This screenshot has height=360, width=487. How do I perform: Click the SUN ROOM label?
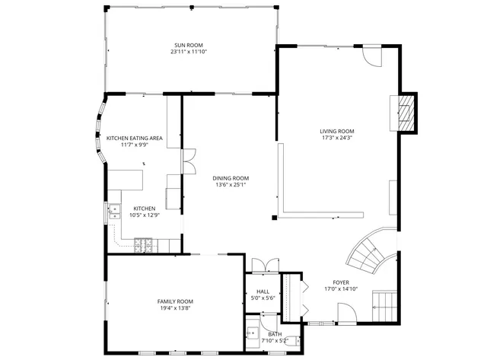pos(189,46)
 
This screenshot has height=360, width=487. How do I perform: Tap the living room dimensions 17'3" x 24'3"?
pos(336,139)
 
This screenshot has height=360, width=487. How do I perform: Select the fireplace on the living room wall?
pos(408,112)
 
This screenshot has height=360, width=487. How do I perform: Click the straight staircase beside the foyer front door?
pos(385,305)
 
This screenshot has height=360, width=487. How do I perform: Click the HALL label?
pos(263,291)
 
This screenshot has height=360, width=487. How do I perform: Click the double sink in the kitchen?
pos(114,211)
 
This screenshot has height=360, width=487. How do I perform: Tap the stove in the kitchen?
pos(143,244)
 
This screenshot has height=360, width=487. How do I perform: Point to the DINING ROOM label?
pos(231,177)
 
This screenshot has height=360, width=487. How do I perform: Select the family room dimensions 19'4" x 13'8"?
pos(175,308)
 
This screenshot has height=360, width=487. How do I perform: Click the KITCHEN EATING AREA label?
pos(135,138)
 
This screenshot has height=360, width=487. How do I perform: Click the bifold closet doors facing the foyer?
pos(304,297)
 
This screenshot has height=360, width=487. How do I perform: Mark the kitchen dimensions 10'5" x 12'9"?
pos(145,215)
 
